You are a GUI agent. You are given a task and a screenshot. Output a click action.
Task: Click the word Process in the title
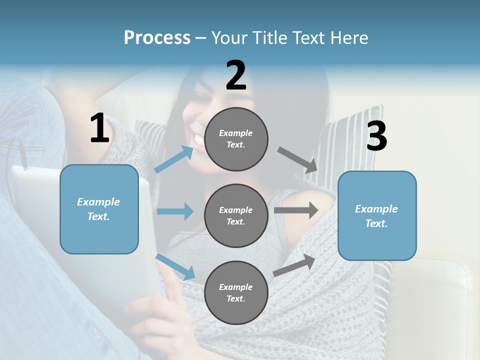(157, 37)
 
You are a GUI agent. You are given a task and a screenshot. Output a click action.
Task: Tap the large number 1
(99, 128)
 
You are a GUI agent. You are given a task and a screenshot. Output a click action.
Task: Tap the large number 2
(236, 75)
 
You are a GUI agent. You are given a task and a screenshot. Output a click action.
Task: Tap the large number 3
(376, 136)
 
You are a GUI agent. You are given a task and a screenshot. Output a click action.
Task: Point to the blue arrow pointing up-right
(174, 159)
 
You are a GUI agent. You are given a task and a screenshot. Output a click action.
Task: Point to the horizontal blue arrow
(174, 211)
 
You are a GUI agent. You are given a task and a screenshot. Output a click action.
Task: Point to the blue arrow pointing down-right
(175, 266)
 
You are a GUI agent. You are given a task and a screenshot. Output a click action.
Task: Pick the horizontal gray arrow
(296, 210)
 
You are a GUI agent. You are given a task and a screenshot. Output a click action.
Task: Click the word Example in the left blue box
(98, 202)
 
